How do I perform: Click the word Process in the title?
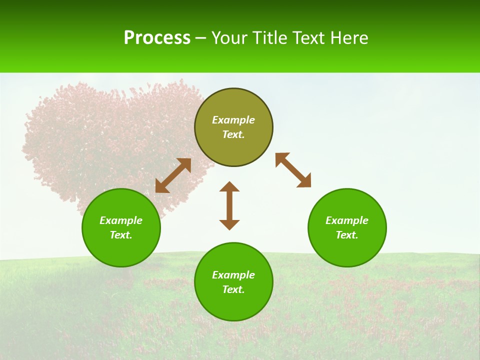[x=157, y=38]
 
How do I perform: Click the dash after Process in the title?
[x=201, y=39]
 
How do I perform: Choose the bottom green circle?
[x=233, y=304]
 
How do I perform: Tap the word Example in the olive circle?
[x=233, y=120]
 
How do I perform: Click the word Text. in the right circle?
[x=347, y=235]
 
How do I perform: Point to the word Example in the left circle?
[x=121, y=220]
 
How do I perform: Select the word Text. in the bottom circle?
[x=233, y=289]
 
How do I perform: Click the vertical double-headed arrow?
[x=229, y=205]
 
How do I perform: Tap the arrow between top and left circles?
[x=173, y=175]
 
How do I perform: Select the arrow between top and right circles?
[x=293, y=170]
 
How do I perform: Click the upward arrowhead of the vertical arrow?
[x=229, y=186]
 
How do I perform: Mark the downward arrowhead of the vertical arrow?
[x=229, y=224]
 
